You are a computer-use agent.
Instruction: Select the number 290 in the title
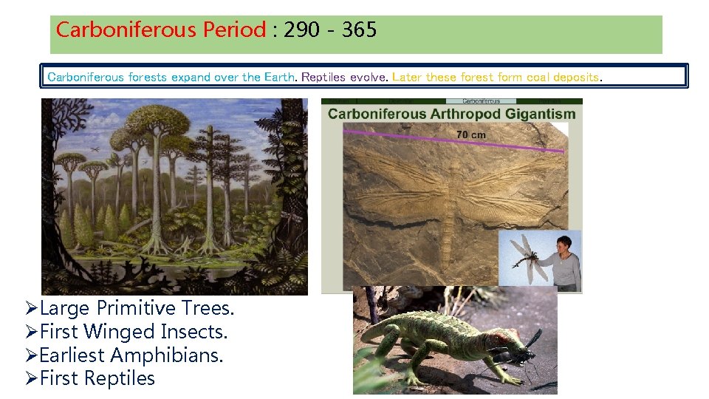pyautogui.click(x=304, y=30)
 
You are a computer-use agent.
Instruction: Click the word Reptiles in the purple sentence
pyautogui.click(x=343, y=77)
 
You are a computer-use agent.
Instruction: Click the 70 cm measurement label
pyautogui.click(x=471, y=134)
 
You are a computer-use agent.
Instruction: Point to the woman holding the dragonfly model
pyautogui.click(x=564, y=262)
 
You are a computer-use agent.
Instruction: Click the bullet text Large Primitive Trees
pyautogui.click(x=137, y=308)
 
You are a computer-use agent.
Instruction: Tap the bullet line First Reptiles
pyautogui.click(x=97, y=378)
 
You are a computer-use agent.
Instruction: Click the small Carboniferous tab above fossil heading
pyautogui.click(x=481, y=100)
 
